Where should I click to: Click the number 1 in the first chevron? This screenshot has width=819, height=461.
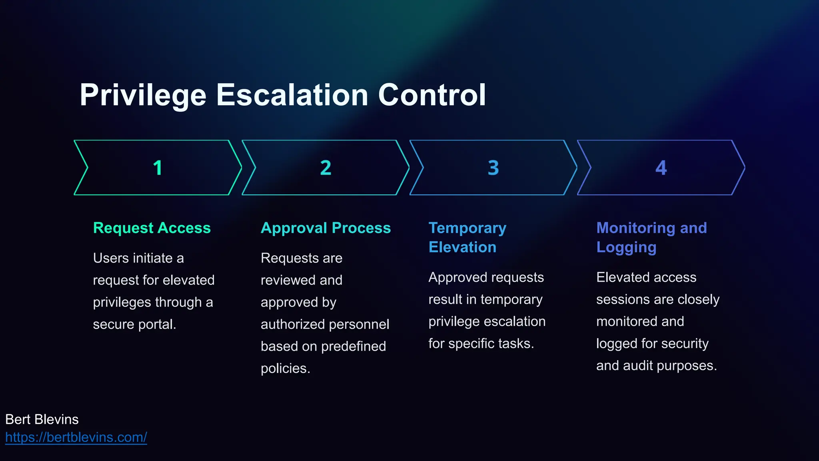pos(158,168)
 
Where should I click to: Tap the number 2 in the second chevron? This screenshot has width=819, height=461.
pos(326,168)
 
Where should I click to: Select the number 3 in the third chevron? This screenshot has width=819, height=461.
pos(493,168)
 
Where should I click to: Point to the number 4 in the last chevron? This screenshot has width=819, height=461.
pos(661,168)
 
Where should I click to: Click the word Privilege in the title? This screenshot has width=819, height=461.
pos(143,95)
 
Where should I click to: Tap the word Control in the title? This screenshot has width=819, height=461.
pos(432,95)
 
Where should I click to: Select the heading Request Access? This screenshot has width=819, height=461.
pos(152,228)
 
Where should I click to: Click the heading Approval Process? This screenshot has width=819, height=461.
pos(326,228)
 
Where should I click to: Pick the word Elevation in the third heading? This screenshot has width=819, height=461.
pos(462,247)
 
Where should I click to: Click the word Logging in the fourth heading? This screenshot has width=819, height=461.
pos(626,248)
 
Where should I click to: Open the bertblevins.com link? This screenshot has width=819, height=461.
pos(76,437)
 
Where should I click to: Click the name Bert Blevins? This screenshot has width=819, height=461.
pos(42,419)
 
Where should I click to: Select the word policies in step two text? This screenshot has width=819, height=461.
pos(285,369)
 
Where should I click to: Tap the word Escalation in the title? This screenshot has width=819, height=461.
pos(292,95)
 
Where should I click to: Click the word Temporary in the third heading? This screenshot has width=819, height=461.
pos(467,228)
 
